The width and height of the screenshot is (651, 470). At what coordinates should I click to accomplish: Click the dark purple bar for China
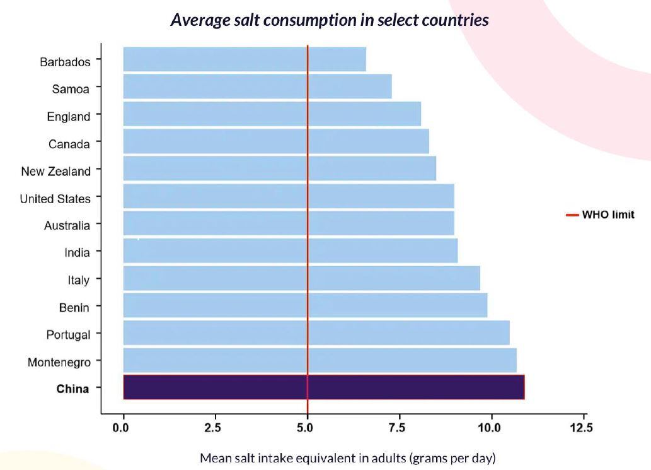point(323,387)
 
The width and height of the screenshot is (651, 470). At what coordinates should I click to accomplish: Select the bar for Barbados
point(245,59)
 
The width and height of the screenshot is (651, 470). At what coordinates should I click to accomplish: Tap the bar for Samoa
point(257,86)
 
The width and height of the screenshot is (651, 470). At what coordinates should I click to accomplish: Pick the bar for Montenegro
point(320,360)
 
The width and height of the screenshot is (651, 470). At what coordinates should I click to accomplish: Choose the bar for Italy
point(301,278)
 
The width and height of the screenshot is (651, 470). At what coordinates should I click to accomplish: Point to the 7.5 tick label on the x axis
point(397,428)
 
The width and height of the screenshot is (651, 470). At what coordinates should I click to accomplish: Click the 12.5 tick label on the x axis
point(581,428)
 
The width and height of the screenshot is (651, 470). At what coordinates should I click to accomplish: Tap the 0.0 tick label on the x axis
point(121,428)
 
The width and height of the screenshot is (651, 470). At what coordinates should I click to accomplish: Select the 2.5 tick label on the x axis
point(213,428)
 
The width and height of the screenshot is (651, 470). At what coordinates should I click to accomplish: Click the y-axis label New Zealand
point(55,171)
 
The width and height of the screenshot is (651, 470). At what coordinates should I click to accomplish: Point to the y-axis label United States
point(55,199)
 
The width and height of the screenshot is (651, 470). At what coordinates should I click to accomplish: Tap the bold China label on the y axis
point(72,389)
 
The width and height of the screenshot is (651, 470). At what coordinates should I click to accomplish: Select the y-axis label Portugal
point(68,334)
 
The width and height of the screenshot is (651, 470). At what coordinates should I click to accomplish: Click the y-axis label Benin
point(75,307)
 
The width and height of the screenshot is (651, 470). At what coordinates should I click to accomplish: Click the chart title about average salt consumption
point(330,20)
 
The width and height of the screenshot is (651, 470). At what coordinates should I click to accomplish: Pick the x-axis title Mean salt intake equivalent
point(348,457)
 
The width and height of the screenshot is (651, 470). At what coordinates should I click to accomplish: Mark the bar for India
point(290,250)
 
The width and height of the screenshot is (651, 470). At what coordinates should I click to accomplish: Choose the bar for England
point(272,114)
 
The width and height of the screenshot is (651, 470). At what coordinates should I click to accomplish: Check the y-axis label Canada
point(69,144)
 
